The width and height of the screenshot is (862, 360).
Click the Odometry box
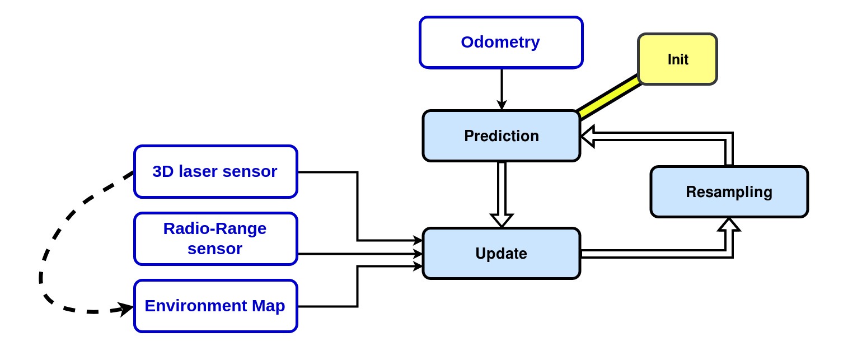[501, 43]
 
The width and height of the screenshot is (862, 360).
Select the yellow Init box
[677, 59]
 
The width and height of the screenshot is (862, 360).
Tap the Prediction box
[501, 136]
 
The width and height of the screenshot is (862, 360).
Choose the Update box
[501, 254]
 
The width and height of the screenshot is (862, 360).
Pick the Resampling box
[729, 192]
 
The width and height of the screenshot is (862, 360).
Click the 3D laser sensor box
[215, 172]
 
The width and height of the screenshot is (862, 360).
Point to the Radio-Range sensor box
[215, 239]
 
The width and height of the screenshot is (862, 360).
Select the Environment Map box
[215, 306]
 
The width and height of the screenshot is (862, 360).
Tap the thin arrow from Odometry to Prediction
[502, 87]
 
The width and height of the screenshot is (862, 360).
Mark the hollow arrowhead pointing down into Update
[502, 219]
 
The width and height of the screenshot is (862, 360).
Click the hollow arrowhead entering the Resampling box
[729, 225]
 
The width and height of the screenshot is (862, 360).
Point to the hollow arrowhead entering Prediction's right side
[588, 136]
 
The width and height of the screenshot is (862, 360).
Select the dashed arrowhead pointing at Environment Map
[128, 308]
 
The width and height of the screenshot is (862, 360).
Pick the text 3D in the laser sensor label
[163, 172]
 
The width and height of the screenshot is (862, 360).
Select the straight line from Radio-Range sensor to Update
[358, 254]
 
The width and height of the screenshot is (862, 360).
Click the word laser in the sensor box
[198, 172]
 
